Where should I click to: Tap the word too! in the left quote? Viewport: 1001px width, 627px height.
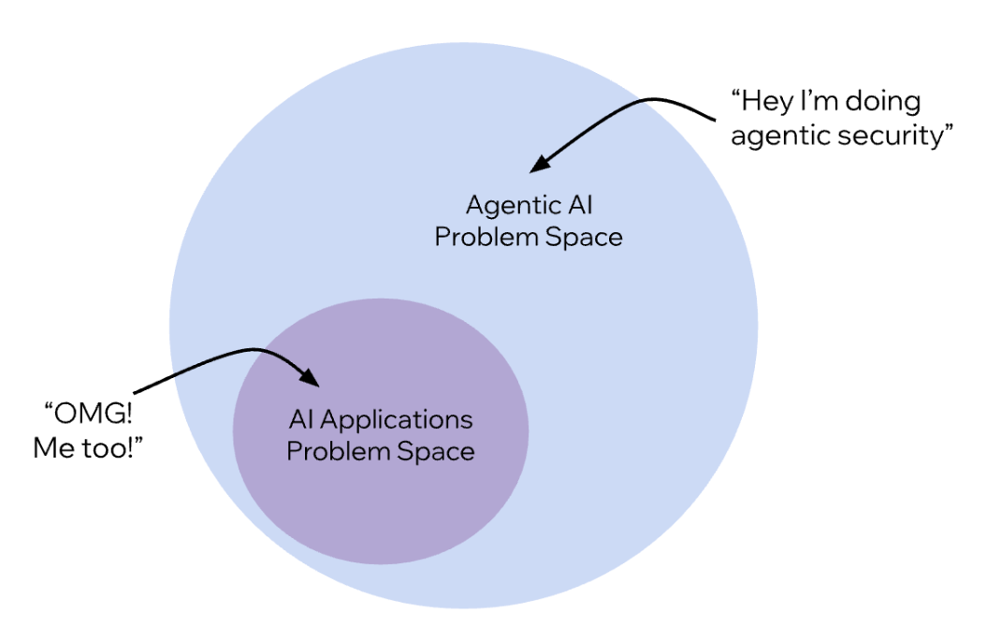111,447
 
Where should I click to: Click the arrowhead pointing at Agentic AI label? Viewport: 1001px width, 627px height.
537,166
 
